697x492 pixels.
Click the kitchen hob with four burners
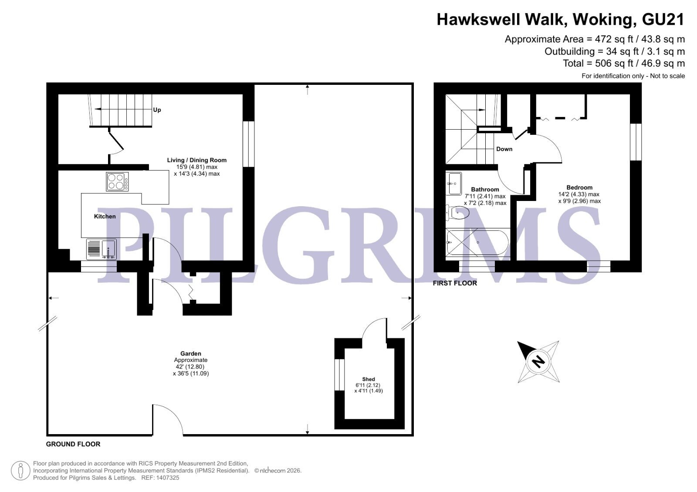pos(117,181)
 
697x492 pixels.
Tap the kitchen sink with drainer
pos(102,249)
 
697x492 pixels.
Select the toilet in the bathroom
pos(457,213)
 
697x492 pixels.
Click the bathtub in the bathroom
pos(477,242)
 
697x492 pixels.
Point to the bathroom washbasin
pos(453,184)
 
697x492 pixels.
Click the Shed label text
pos(369,379)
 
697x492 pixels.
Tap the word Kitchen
pos(105,216)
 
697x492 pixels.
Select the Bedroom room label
pos(579,187)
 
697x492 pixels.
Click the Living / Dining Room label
pos(196,160)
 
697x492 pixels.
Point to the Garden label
pos(191,353)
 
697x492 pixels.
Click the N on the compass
pos(538,361)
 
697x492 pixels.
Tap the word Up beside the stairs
pos(157,110)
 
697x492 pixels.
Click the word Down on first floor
pos(504,149)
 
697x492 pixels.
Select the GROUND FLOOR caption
pos(73,444)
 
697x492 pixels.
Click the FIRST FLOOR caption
pos(455,283)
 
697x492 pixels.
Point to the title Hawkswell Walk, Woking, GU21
pos(561,20)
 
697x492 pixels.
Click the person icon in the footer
pos(20,471)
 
